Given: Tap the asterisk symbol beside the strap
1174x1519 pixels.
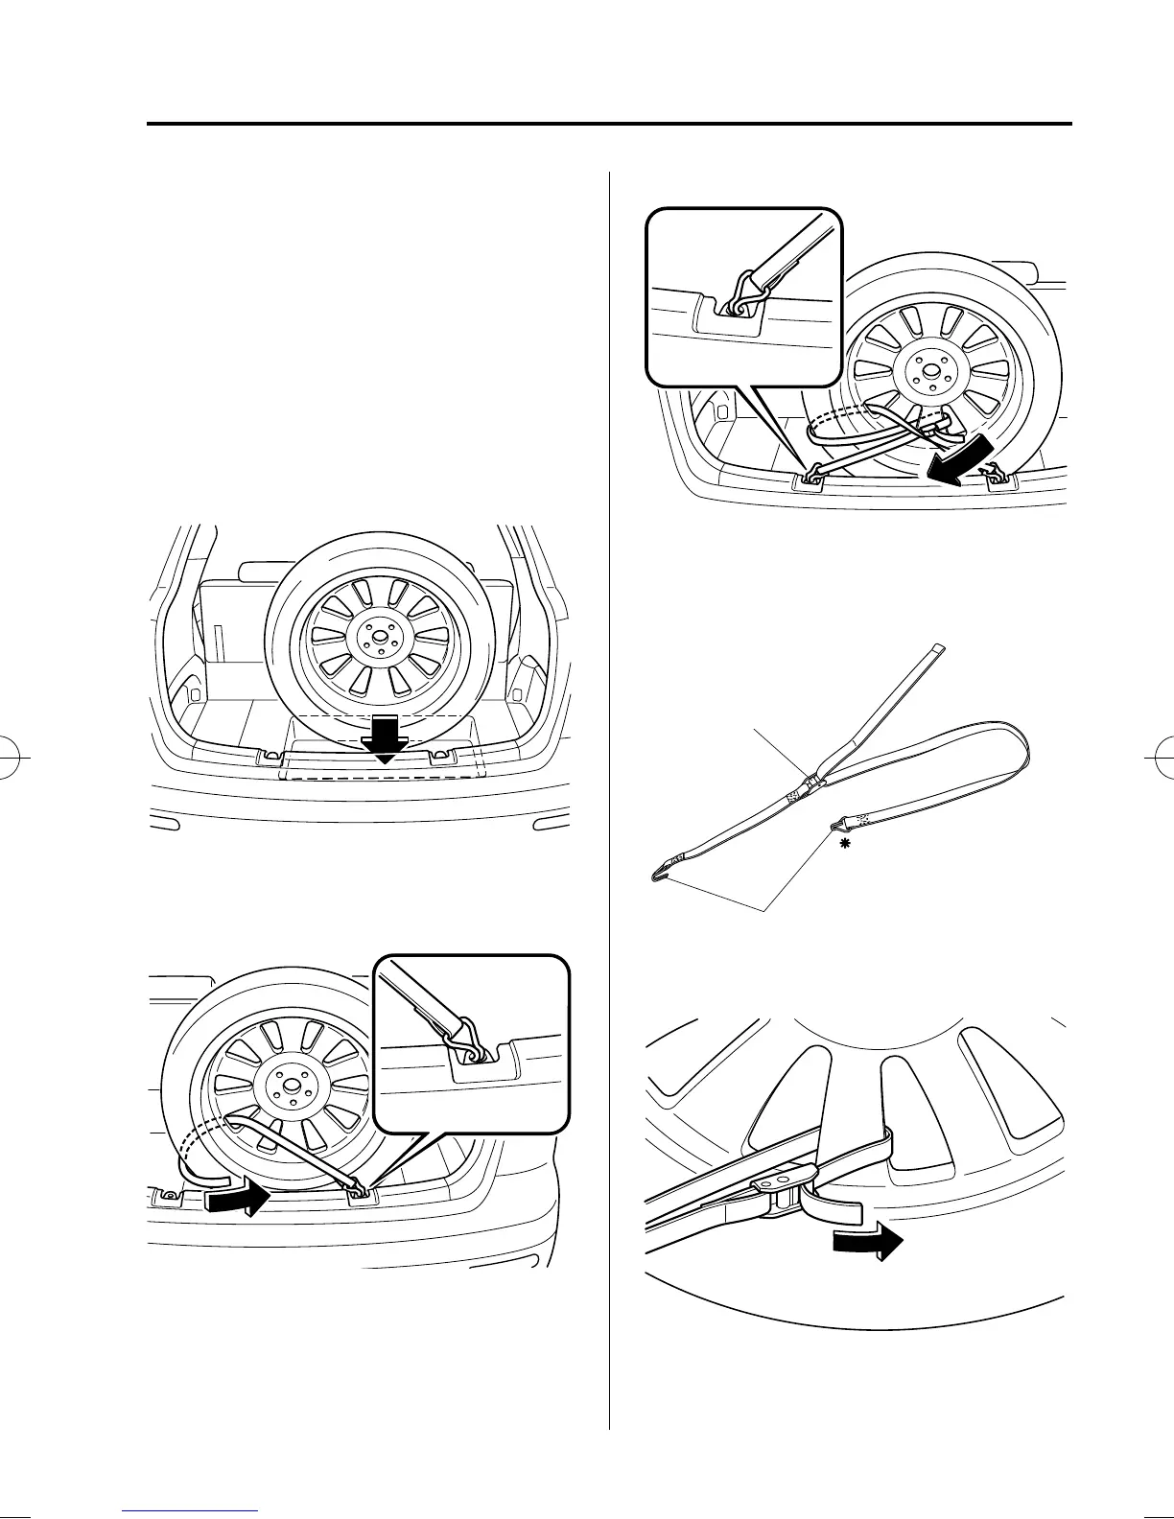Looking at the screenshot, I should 845,842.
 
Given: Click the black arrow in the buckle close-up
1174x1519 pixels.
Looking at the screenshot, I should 867,1243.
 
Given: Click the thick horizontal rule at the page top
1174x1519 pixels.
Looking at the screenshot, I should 608,124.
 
